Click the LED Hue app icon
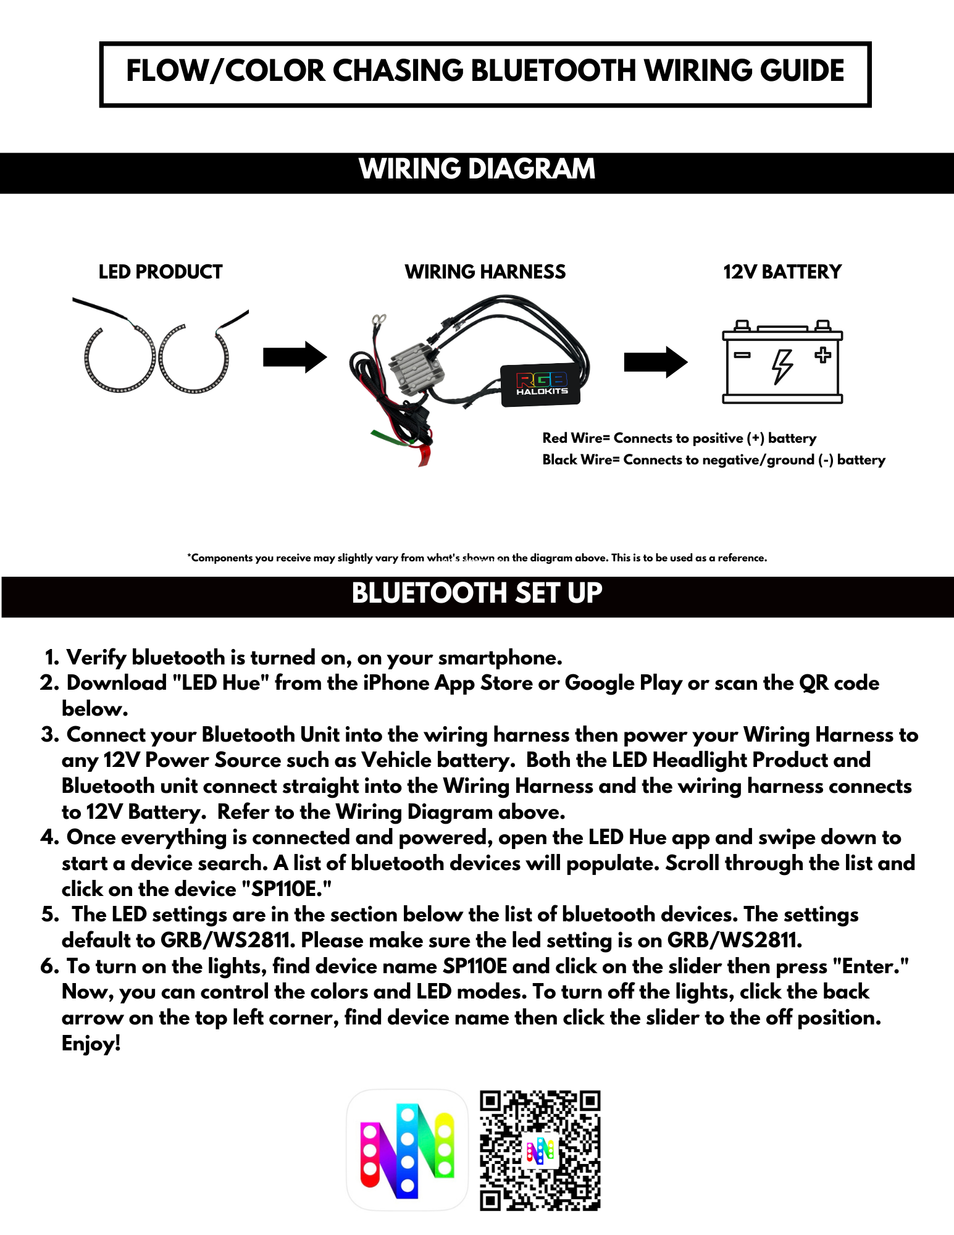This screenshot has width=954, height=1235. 407,1150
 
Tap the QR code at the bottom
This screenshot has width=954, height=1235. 540,1150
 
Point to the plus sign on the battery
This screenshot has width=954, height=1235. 822,355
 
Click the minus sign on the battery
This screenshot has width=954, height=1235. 742,355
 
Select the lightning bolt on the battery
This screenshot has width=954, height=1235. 782,366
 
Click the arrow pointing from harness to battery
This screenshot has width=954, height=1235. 655,362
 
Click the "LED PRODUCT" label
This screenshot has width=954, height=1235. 161,272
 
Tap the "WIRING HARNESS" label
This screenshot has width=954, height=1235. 485,272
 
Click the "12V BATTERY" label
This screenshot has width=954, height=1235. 782,272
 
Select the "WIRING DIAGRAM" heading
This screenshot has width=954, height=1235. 477,169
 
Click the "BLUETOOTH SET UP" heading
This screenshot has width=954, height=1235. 477,593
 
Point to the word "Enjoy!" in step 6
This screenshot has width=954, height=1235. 91,1044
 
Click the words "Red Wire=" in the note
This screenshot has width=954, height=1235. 575,438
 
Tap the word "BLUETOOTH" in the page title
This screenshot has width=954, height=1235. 553,71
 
